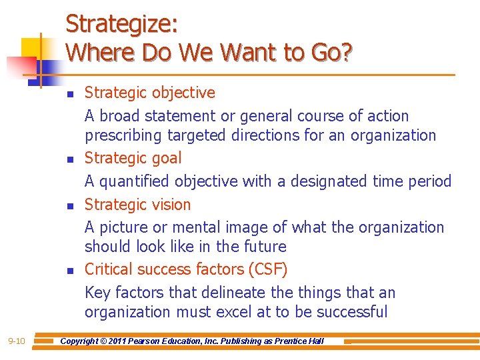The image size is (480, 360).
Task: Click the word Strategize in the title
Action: (120, 25)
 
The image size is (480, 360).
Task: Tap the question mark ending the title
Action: (346, 52)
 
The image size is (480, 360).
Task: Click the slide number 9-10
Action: (17, 341)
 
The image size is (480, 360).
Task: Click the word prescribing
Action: (123, 135)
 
